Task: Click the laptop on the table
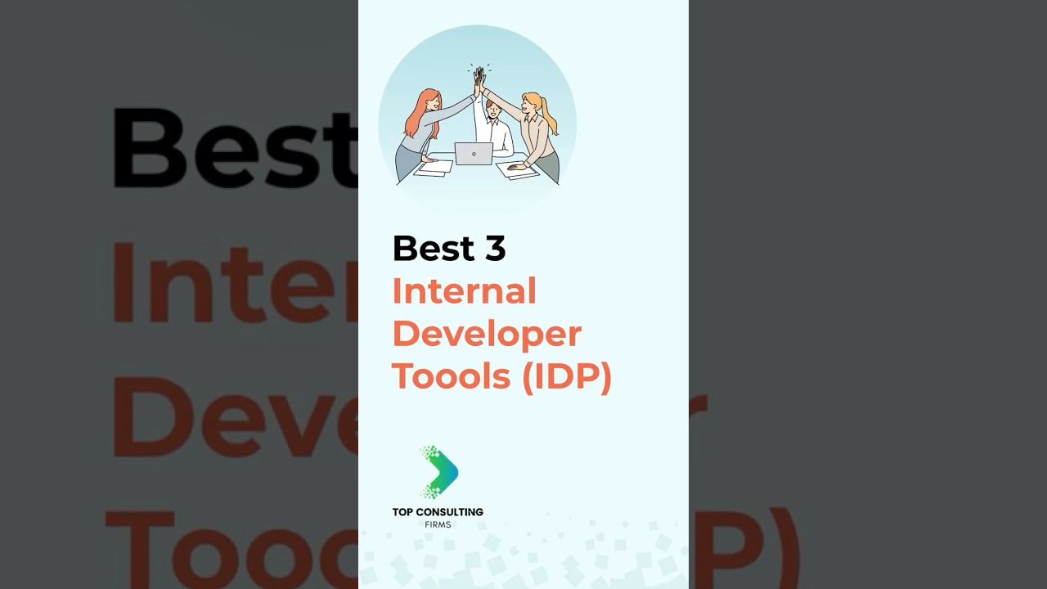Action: click(x=474, y=153)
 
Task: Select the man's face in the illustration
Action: click(x=492, y=107)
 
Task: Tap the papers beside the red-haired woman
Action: click(x=434, y=167)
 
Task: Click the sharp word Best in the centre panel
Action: click(x=434, y=248)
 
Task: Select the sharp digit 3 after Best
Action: click(x=495, y=248)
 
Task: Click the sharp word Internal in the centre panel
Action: click(x=464, y=290)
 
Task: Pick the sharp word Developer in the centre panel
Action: click(x=487, y=334)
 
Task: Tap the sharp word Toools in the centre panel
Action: click(x=451, y=376)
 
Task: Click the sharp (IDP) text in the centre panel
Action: click(x=566, y=377)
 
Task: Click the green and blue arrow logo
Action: click(x=439, y=472)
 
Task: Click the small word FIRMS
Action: click(x=438, y=524)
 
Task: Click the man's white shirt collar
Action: click(x=493, y=121)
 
